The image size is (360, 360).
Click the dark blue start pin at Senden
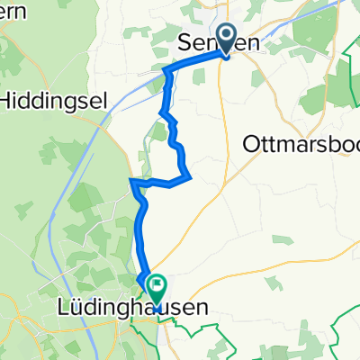tap(224, 38)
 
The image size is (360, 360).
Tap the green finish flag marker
tap(157, 288)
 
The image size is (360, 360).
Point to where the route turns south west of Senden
tap(166, 69)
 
